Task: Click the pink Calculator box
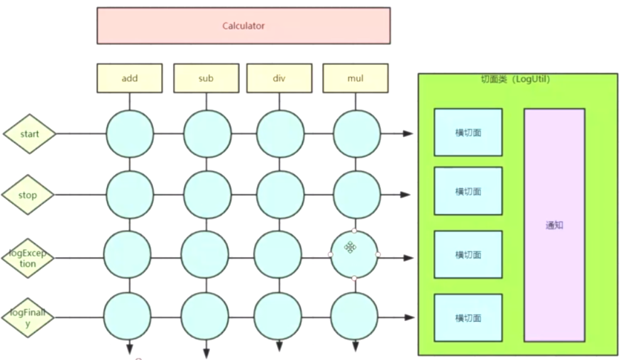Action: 243,26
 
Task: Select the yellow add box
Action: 130,78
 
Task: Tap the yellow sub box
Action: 206,78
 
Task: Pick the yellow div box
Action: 279,78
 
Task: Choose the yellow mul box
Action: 355,78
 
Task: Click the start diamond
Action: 30,134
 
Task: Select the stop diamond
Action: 29,195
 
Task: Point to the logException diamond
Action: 29,258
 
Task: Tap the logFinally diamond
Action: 29,317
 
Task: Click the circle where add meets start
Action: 130,133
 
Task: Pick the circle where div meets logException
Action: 280,254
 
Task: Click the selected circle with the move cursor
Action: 355,254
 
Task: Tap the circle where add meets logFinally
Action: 128,315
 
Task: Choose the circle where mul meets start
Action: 356,133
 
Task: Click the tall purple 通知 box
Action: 554,225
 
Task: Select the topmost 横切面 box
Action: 468,133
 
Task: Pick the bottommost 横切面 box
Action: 468,318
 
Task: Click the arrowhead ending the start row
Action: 409,133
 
